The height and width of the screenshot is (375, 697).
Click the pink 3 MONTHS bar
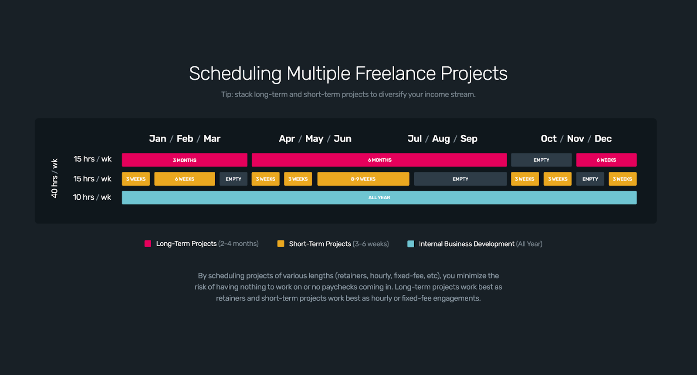[x=184, y=160]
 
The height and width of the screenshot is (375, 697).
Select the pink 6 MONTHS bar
[x=379, y=160]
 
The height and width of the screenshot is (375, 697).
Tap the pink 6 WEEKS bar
[x=606, y=160]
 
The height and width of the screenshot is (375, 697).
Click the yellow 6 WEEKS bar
[x=184, y=179]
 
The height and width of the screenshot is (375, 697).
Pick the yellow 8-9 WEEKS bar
[x=363, y=179]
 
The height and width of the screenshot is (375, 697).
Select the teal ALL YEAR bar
[x=379, y=198]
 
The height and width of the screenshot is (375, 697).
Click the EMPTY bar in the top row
[x=541, y=160]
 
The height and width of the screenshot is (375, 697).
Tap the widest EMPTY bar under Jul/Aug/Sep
[x=460, y=179]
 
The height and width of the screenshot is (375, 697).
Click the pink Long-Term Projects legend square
[x=148, y=244]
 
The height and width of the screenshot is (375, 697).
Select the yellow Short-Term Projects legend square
[x=281, y=244]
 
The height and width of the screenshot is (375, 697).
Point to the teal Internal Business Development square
[x=410, y=244]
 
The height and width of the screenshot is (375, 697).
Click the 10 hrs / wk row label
[x=92, y=198]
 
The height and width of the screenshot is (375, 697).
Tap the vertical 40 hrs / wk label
[x=54, y=178]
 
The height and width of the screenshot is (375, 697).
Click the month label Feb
[x=185, y=139]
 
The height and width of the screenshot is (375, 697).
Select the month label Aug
[x=440, y=139]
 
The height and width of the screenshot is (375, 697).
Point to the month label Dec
[x=603, y=139]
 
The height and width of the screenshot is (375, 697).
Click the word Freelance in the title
[x=395, y=74]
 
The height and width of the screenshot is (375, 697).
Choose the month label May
[x=314, y=139]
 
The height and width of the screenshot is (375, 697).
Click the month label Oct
[x=548, y=139]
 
